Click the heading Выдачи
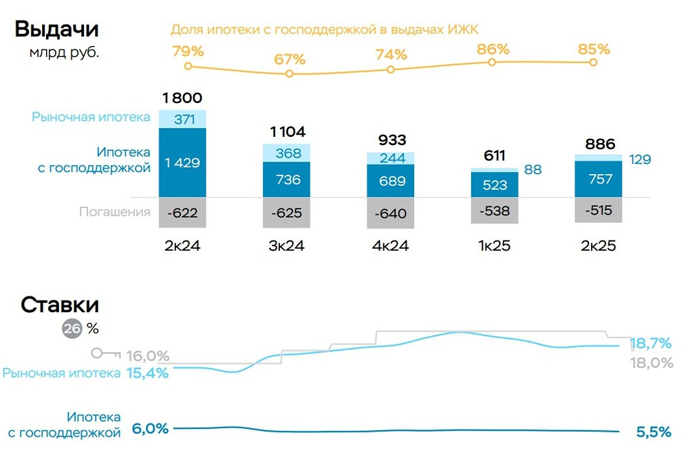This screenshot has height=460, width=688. click(x=57, y=30)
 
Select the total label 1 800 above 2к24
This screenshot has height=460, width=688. click(x=182, y=98)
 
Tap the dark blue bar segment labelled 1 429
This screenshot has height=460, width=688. click(x=182, y=163)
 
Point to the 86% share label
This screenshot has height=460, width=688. click(x=493, y=49)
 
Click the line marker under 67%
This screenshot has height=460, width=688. click(x=289, y=73)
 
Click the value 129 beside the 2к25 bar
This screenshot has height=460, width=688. click(x=640, y=160)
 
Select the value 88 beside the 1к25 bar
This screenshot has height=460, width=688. click(x=533, y=169)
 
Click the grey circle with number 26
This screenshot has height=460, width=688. click(x=72, y=329)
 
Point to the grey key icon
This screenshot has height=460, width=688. click(x=105, y=353)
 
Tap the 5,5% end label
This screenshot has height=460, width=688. click(x=652, y=432)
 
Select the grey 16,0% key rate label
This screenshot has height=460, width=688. click(x=147, y=355)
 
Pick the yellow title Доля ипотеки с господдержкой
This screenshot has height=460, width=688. click(x=324, y=30)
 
